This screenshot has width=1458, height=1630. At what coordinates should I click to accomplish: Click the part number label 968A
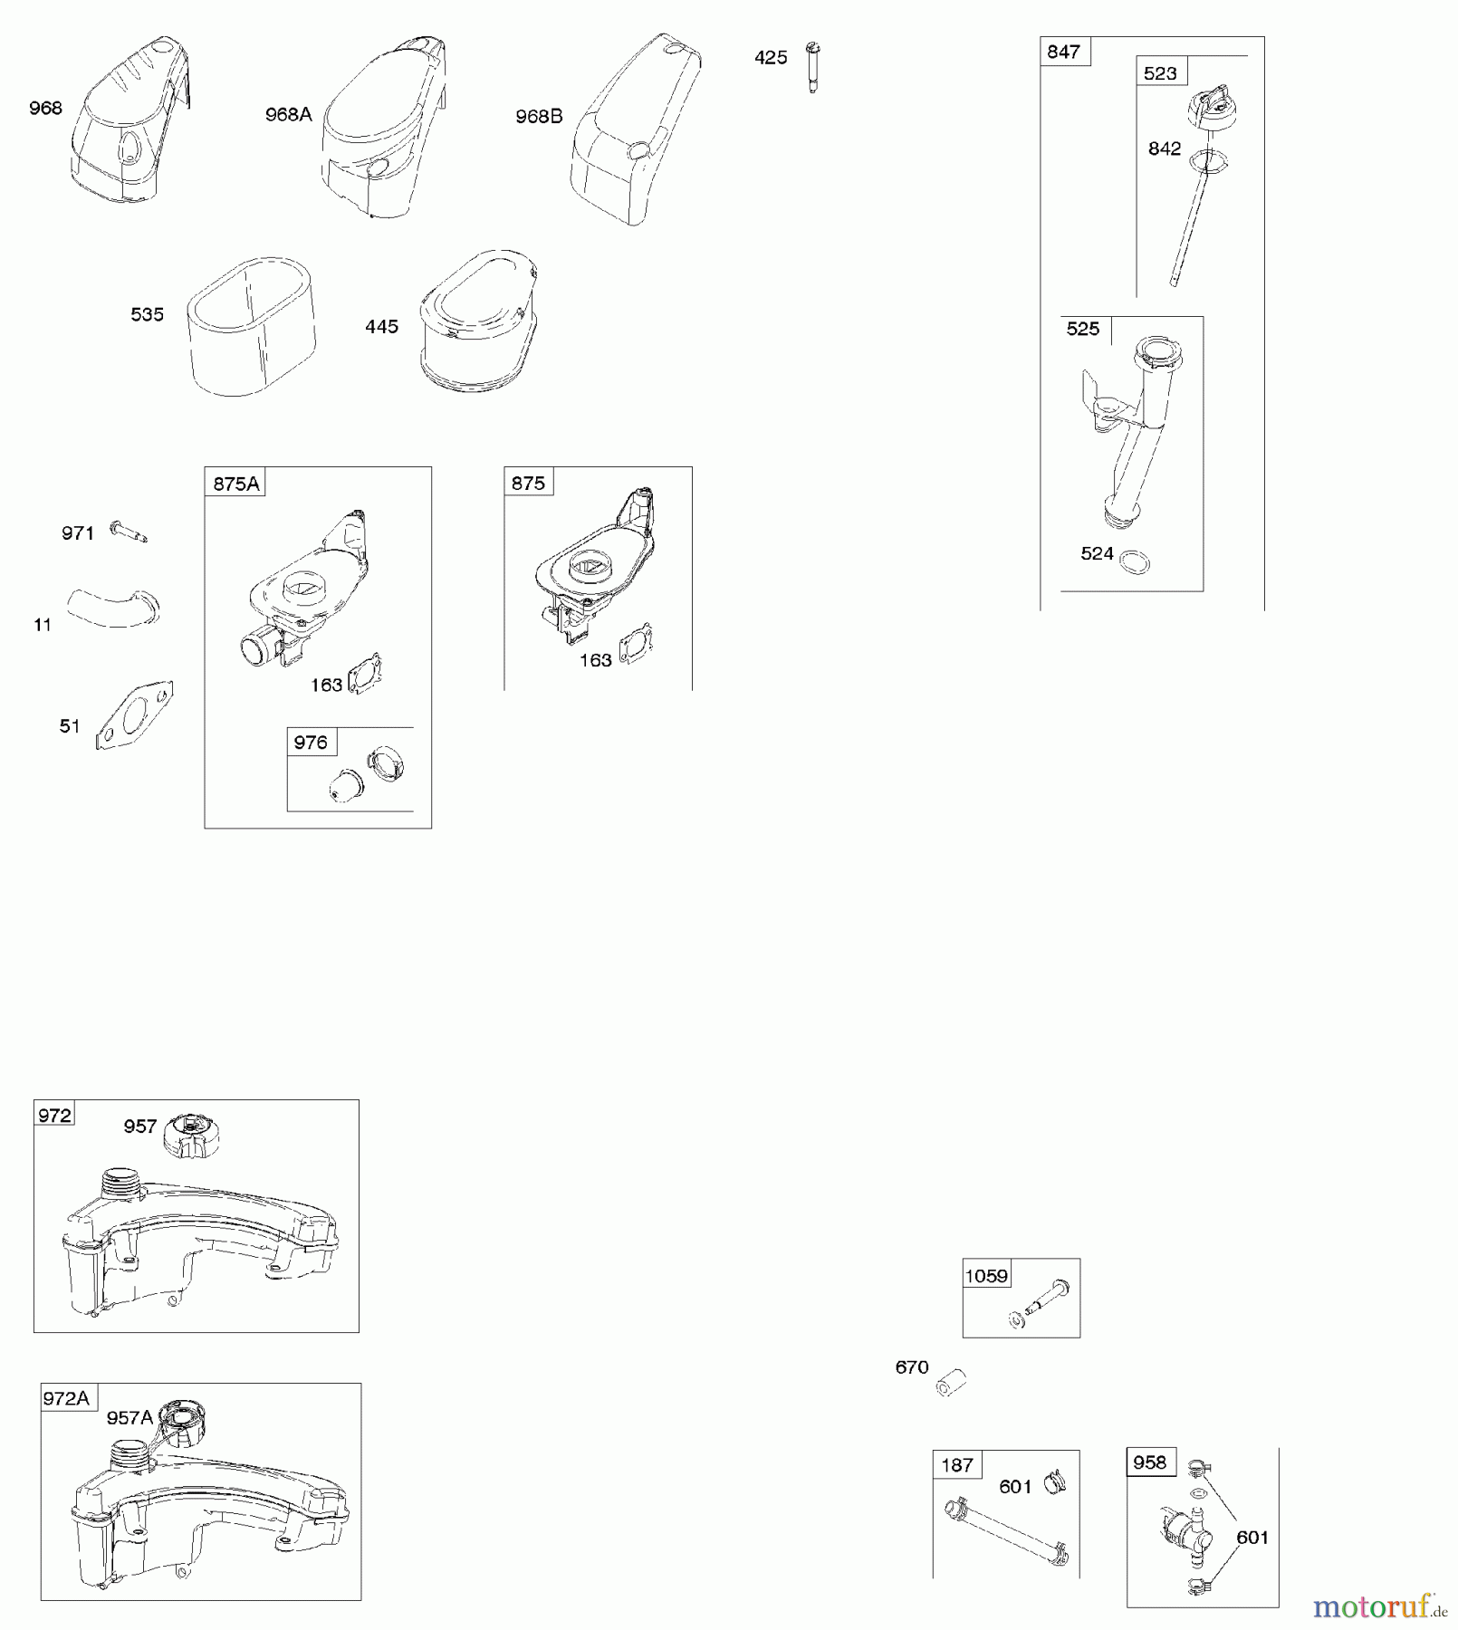point(288,114)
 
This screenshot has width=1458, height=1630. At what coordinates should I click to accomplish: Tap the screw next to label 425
point(812,67)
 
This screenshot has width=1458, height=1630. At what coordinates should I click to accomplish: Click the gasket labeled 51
point(134,715)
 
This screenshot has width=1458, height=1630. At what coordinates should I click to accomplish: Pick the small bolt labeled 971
point(128,532)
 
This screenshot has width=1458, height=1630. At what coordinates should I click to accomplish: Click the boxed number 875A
point(235,484)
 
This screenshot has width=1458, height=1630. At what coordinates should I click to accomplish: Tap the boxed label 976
point(311,743)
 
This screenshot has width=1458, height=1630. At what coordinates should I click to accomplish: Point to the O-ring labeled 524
point(1135,561)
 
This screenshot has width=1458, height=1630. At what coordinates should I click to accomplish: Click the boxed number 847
point(1063,52)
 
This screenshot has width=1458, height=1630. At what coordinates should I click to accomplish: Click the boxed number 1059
point(986,1276)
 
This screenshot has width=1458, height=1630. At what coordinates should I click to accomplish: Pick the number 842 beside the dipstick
point(1165,149)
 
